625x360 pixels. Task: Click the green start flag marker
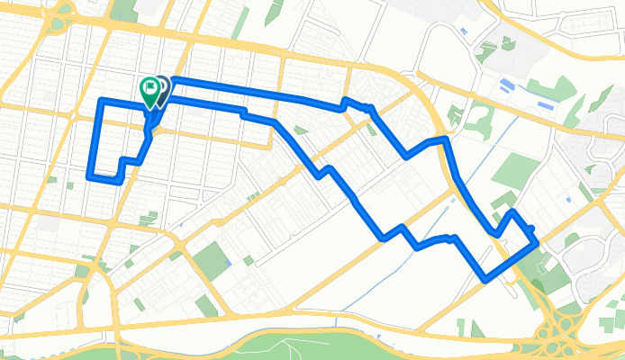(x=149, y=89)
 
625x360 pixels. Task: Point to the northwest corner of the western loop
(x=101, y=99)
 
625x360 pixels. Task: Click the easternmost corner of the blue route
(x=538, y=241)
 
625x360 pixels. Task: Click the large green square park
(x=213, y=259)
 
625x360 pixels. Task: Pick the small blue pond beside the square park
(x=231, y=263)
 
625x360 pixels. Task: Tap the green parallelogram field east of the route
(x=514, y=170)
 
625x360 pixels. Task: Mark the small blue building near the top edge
(x=463, y=32)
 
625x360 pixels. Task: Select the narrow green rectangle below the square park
(x=206, y=307)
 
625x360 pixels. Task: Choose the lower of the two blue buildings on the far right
(x=544, y=106)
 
